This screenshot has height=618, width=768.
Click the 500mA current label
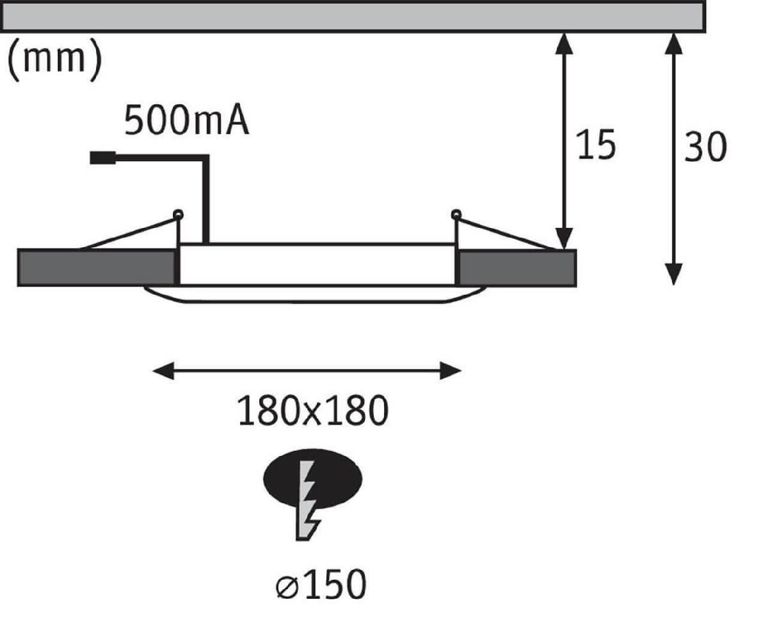[186, 121]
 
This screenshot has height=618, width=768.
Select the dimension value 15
[595, 145]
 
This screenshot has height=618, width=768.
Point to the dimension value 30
[705, 147]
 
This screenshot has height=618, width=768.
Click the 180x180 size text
[313, 411]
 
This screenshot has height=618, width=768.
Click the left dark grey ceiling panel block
[96, 267]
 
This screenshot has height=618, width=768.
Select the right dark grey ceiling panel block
[517, 267]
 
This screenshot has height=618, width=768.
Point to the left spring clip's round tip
[178, 214]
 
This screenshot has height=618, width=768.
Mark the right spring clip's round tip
[456, 214]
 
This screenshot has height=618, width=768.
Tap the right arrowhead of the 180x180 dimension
[451, 370]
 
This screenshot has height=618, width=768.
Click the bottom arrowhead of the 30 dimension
[673, 274]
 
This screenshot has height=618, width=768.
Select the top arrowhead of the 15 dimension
[564, 42]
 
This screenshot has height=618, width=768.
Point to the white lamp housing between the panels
[317, 264]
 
